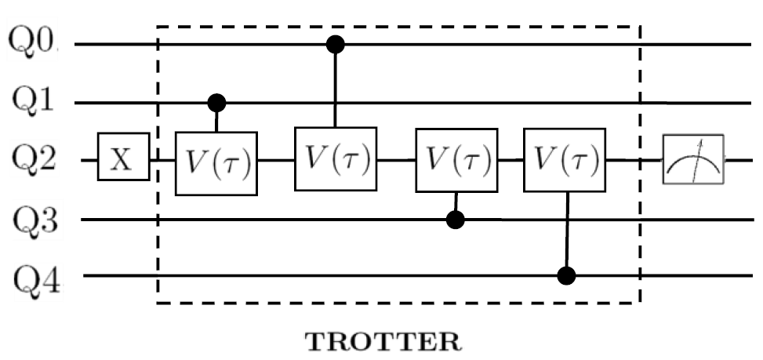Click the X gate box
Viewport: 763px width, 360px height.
(x=124, y=161)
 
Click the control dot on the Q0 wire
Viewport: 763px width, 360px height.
(x=336, y=43)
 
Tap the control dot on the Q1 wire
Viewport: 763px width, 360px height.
(x=216, y=103)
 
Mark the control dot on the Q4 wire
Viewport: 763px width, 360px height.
(x=567, y=276)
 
